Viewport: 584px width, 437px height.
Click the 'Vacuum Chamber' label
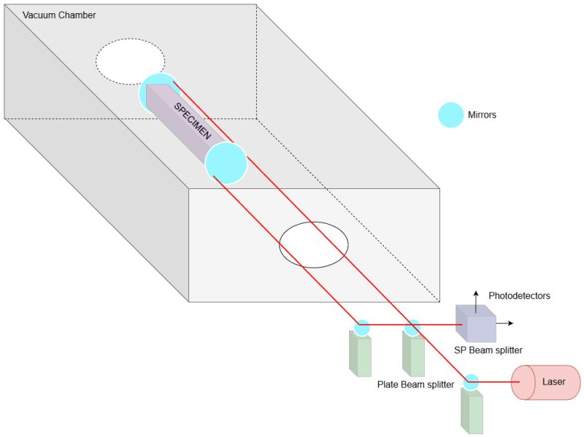click(59, 15)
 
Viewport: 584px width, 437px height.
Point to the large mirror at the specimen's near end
click(226, 163)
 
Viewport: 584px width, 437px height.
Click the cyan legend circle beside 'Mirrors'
click(450, 115)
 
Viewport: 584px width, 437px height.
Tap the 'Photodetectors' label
click(519, 295)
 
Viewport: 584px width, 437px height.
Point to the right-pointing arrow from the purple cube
click(505, 322)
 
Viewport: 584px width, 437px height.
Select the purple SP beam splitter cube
click(476, 322)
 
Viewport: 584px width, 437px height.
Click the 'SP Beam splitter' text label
click(488, 350)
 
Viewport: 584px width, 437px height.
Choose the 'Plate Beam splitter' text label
click(415, 384)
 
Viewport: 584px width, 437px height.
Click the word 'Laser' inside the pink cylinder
click(553, 382)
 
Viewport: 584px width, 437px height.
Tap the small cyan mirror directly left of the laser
click(472, 382)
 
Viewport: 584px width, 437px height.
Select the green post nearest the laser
click(472, 410)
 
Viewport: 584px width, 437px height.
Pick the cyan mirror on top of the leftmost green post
click(362, 328)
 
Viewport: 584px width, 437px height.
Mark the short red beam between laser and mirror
click(496, 382)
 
